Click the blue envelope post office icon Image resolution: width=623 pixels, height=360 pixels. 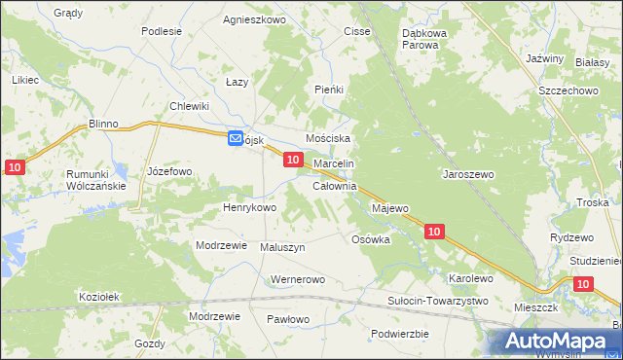[237, 139]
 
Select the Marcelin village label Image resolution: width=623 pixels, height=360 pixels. [333, 164]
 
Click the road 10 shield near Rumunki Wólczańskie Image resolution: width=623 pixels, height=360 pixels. [13, 168]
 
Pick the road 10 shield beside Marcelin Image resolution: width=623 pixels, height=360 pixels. [292, 160]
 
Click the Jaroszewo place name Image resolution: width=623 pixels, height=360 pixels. [468, 174]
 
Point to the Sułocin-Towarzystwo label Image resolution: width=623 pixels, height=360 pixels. [437, 302]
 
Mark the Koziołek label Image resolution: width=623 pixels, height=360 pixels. [98, 297]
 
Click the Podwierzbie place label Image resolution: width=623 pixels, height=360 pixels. [400, 334]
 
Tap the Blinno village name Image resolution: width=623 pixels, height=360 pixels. [102, 125]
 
